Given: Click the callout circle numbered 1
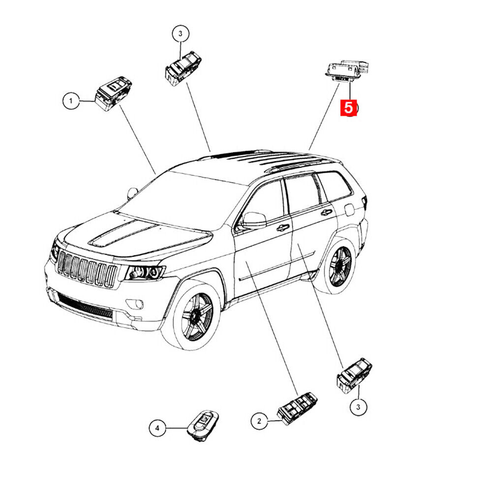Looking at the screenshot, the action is [71, 101].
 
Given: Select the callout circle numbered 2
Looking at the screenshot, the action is [259, 421].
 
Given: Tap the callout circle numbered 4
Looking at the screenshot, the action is [157, 428].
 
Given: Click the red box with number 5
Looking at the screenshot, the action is [349, 108].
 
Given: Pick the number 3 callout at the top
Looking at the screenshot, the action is [181, 34].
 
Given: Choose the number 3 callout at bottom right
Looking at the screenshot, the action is [358, 407].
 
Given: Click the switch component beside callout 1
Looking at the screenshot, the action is [113, 93].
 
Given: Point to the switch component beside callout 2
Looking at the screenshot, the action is [297, 408].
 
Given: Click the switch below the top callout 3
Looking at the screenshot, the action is [183, 68].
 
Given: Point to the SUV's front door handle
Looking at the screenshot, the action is [283, 228].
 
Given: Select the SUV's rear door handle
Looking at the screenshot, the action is [326, 213].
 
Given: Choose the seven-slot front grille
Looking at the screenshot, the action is [87, 269].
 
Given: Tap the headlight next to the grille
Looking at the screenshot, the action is [145, 273].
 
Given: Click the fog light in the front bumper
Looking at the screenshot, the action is [135, 304].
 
